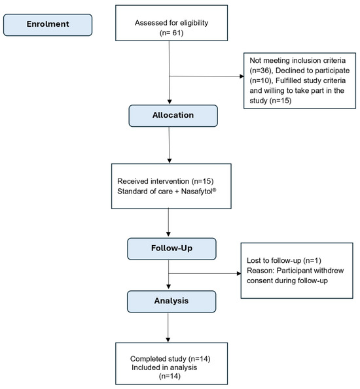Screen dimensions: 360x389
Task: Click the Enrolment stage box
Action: (x=48, y=25)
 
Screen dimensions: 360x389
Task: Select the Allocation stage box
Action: (x=173, y=116)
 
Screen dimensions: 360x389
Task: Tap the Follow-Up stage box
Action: (x=171, y=249)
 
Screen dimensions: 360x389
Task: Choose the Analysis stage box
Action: (x=171, y=301)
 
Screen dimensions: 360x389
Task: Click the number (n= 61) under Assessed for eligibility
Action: (x=171, y=33)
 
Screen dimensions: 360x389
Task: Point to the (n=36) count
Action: (x=261, y=71)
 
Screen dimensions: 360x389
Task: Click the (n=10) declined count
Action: (x=261, y=80)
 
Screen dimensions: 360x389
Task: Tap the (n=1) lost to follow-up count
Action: (x=312, y=260)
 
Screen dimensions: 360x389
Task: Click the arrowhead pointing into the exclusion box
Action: (x=242, y=76)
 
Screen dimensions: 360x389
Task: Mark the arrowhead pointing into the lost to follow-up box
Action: (x=239, y=274)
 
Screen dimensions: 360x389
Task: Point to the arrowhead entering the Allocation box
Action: (x=170, y=102)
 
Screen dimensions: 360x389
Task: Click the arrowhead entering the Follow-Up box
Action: (x=168, y=234)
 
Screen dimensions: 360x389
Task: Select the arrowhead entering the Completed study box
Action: (x=168, y=340)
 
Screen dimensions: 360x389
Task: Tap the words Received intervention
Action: (x=153, y=181)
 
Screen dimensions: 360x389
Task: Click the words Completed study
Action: (x=158, y=359)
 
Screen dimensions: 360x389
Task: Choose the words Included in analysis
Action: (x=164, y=367)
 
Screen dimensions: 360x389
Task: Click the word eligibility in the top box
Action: (x=194, y=23)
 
